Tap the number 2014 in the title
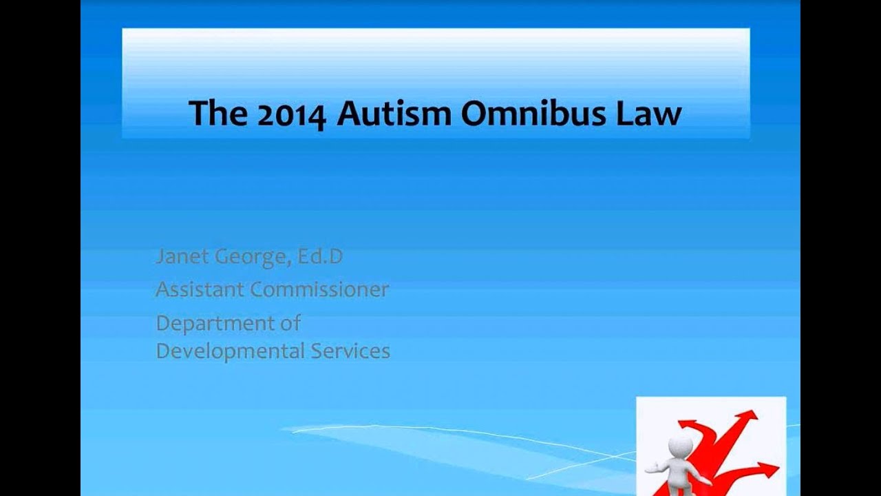coord(290,114)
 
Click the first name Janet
coord(181,257)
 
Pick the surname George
coord(252,258)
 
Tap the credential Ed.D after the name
coord(320,257)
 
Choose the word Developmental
coord(230,351)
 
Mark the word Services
coord(351,351)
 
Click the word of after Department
coord(291,322)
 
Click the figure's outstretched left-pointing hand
coord(649,468)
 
